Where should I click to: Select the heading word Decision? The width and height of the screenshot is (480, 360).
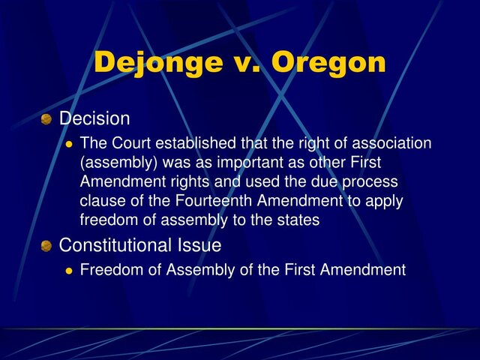(x=94, y=118)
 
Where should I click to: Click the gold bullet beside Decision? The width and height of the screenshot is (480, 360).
(x=46, y=119)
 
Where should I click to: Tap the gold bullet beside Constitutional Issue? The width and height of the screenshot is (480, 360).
(x=46, y=246)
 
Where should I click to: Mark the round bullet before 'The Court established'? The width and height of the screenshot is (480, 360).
(x=69, y=144)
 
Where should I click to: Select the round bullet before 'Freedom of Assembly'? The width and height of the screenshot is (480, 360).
(x=69, y=271)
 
